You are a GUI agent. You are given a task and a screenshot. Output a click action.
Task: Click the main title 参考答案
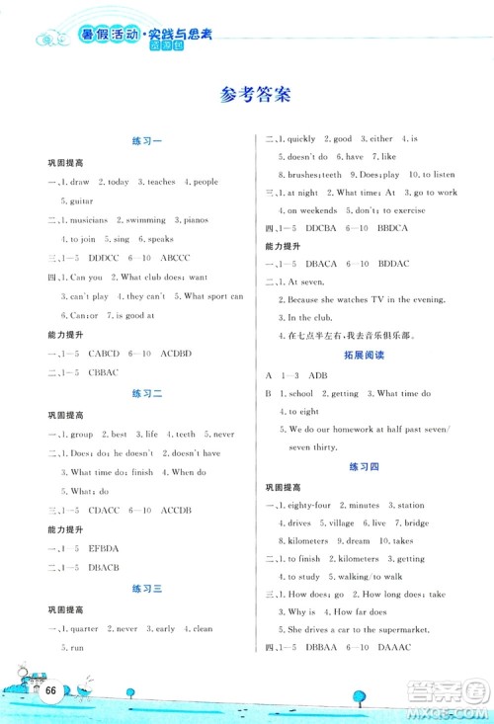(247, 96)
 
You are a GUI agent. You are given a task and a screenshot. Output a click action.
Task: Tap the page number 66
(46, 689)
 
